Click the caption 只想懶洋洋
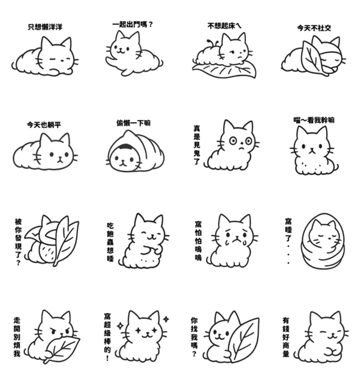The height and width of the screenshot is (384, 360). coord(45,27)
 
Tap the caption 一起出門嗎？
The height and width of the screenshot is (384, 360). coord(133,24)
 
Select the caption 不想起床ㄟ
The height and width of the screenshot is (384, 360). coord(224,26)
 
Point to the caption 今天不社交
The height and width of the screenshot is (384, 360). coord(314,28)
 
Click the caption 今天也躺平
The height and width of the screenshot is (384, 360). coord(44,125)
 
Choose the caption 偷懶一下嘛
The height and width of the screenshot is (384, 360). coord(134,123)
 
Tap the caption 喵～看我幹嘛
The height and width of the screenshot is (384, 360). coord(314,120)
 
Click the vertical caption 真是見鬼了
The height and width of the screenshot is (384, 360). coord(197,145)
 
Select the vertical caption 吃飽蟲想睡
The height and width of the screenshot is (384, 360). coord(110,242)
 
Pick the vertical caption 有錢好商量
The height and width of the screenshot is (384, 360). coord(286,337)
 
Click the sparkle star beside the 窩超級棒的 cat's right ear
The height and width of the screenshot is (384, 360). coord(166,319)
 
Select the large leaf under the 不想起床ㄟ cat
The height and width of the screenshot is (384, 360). coord(224,70)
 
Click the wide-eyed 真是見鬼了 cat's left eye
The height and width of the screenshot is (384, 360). coord(233,141)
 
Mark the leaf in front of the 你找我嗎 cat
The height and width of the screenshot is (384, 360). coord(243,340)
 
